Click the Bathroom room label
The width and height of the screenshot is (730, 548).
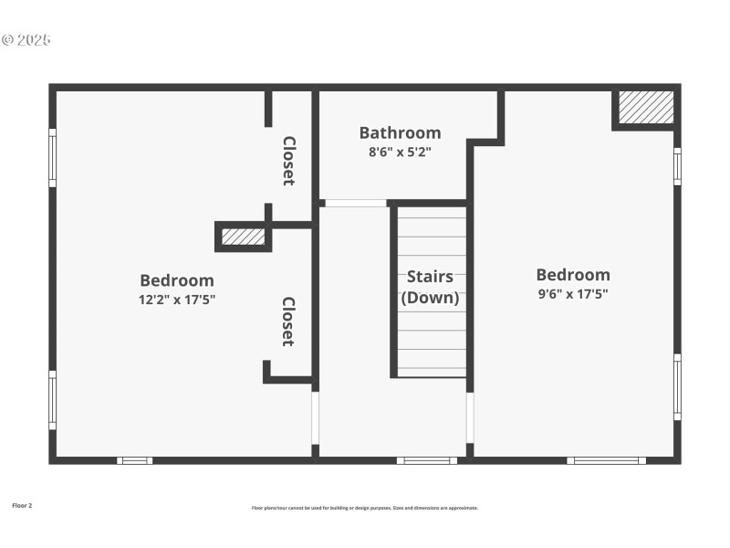(400, 133)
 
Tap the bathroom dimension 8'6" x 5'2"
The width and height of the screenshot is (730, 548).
(400, 153)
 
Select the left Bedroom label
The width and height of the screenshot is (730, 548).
(177, 280)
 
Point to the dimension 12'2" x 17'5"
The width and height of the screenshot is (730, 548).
(177, 299)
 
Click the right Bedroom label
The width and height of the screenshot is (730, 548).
(573, 275)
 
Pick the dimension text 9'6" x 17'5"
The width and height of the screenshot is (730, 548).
(573, 294)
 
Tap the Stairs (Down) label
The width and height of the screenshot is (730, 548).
(430, 287)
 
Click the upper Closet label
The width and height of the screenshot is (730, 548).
(288, 161)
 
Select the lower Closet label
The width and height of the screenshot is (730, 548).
(288, 321)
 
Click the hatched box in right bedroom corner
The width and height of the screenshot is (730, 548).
(647, 108)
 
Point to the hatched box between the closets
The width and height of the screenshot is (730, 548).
(244, 237)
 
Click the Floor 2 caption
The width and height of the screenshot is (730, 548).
(22, 505)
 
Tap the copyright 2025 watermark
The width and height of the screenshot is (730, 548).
(26, 40)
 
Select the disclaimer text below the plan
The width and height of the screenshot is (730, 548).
(365, 508)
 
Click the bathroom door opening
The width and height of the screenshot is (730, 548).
(356, 203)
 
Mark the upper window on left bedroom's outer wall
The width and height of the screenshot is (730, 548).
(52, 158)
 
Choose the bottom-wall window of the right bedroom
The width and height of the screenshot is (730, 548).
(606, 460)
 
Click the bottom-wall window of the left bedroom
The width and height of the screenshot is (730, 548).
(134, 460)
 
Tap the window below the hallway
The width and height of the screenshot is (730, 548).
(427, 460)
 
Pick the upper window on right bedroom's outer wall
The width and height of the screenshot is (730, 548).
(677, 165)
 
